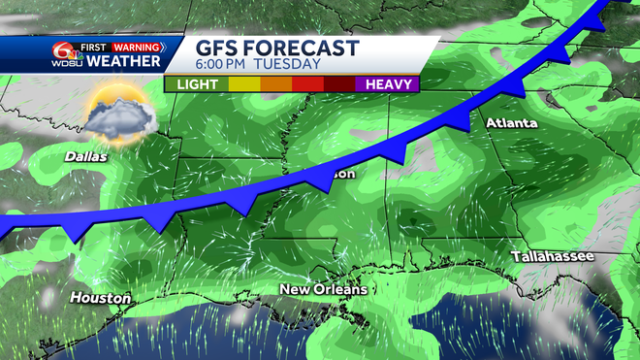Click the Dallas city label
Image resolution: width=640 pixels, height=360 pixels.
(86, 155)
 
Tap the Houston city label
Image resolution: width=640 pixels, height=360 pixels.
(100, 298)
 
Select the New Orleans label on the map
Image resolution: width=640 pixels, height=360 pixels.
(323, 290)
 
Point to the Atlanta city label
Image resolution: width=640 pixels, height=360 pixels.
(510, 123)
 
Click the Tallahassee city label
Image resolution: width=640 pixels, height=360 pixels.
(555, 256)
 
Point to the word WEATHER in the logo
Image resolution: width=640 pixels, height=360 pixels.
(123, 62)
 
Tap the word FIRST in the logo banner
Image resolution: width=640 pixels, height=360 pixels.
(94, 47)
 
